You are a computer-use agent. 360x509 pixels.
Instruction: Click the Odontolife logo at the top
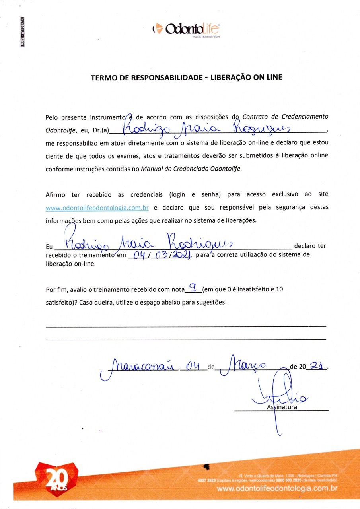click(x=186, y=29)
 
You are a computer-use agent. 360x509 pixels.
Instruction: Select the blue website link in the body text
click(x=97, y=208)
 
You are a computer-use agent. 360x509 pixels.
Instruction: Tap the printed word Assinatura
click(x=282, y=407)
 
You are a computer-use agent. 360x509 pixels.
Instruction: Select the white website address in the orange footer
click(x=277, y=488)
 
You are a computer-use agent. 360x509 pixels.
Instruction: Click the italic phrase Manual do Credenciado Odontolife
click(x=191, y=168)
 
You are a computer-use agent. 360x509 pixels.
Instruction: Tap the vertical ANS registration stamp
click(x=22, y=32)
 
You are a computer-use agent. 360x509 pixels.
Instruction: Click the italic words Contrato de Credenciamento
click(x=285, y=117)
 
